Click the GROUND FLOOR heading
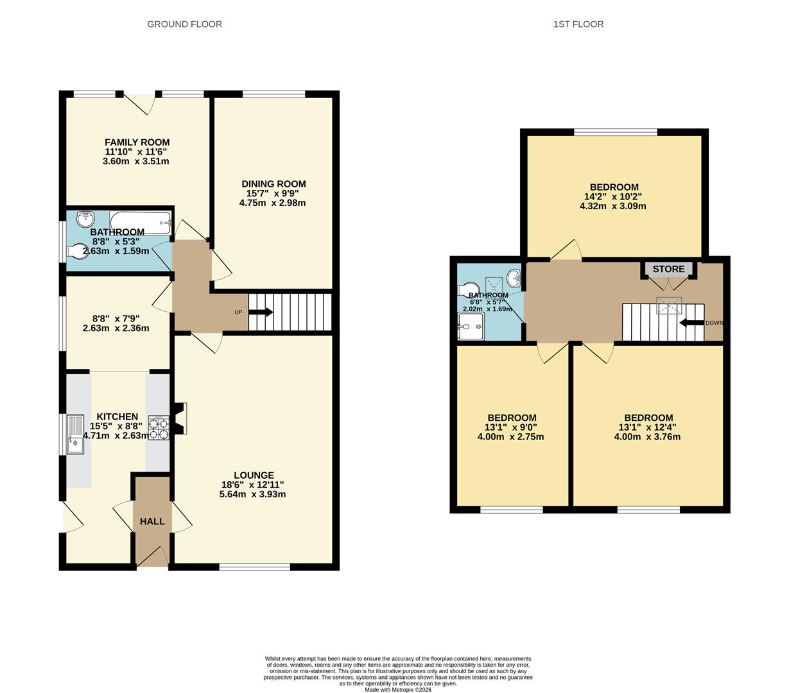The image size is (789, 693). point(184,24)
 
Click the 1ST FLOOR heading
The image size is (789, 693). point(578,24)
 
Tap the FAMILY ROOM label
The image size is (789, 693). point(137,142)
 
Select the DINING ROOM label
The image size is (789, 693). point(273,184)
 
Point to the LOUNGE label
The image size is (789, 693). point(254,475)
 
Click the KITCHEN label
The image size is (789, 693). point(117,417)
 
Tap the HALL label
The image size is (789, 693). point(152,522)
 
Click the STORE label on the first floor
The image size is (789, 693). point(668,269)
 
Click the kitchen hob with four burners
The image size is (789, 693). point(158,428)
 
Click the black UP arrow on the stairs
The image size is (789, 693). point(261,312)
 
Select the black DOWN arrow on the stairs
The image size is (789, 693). point(691,323)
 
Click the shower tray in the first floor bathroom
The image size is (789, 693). point(471,330)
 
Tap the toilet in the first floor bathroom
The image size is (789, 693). point(468,289)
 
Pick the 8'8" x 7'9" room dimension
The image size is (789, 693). point(116,318)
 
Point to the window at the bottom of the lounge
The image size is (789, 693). point(254,567)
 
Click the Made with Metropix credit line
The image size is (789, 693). point(397,690)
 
